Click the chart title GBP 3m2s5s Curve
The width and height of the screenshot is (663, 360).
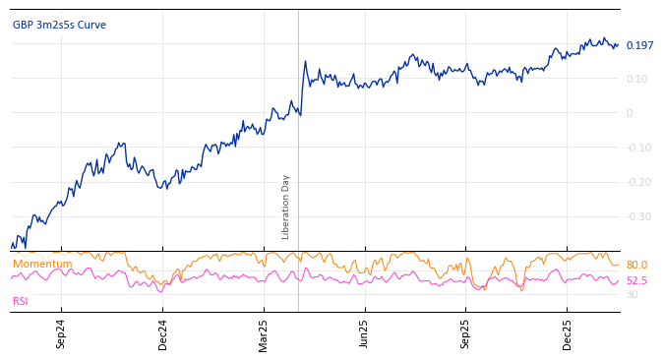click(59, 26)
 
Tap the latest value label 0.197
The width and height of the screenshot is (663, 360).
click(639, 46)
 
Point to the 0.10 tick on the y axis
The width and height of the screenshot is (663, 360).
click(636, 79)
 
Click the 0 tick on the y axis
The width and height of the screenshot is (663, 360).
click(630, 113)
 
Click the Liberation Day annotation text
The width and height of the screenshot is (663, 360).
click(286, 207)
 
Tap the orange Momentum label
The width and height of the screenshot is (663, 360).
click(42, 265)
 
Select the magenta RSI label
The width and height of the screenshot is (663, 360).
click(21, 302)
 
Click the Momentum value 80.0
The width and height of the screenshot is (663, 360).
click(636, 266)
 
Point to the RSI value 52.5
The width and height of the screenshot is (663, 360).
click(636, 281)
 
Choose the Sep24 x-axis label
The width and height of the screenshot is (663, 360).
click(61, 333)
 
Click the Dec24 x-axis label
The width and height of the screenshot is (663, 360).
click(162, 333)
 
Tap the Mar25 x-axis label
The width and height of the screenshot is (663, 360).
click(264, 333)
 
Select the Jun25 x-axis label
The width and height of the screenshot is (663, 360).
click(364, 333)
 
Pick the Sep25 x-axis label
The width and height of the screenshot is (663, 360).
click(465, 333)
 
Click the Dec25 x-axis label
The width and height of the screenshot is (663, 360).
click(567, 333)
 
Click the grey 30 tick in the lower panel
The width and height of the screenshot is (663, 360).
click(632, 295)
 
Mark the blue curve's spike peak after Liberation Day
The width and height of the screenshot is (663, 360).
click(305, 62)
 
